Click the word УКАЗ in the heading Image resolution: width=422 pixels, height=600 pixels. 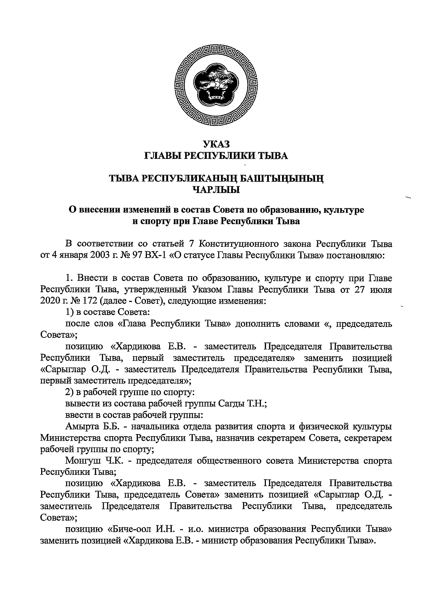point(216,144)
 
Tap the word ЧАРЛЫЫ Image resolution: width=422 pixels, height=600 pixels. point(216,191)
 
